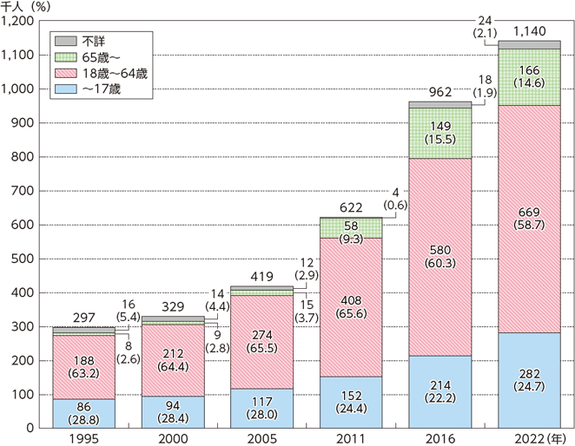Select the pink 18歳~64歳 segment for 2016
pos(440,260)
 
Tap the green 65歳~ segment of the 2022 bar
pos(529,76)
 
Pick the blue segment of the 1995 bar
pos(83,413)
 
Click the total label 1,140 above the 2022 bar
pos(529,32)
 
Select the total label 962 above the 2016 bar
pos(440,91)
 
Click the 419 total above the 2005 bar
pos(261,276)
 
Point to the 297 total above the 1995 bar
pos(84,318)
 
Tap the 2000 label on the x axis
pos(173,437)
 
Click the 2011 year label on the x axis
pos(351,437)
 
